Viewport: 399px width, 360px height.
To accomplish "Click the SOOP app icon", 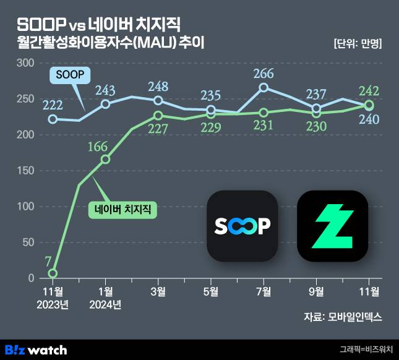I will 242,226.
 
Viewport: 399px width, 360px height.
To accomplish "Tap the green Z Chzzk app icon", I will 332,226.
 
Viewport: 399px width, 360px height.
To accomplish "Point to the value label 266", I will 264,74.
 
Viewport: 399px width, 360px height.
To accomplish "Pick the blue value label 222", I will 53,106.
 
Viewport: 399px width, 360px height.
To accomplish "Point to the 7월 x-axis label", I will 264,291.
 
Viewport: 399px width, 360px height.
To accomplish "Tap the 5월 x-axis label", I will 211,291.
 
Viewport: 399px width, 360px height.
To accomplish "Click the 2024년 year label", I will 105,304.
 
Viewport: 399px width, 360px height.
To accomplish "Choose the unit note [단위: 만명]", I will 357,44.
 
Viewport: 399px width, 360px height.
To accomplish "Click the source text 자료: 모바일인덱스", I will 343,317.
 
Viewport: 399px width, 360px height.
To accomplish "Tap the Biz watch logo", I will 35,349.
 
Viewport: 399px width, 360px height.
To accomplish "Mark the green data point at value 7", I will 53,273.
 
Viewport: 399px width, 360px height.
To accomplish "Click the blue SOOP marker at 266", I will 264,88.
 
